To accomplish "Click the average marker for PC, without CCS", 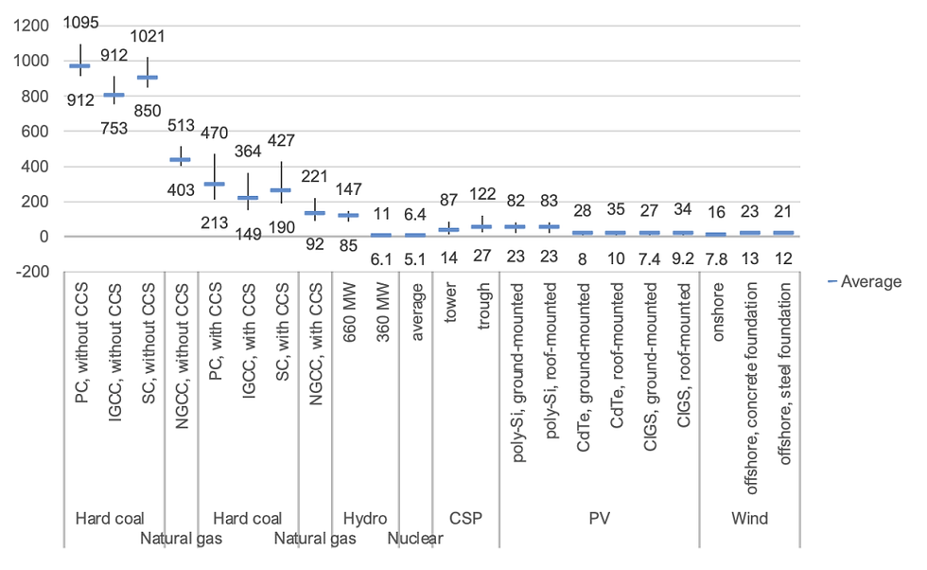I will [80, 66].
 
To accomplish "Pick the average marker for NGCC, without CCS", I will [180, 159].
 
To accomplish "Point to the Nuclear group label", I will [415, 540].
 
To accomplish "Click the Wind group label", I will [750, 519].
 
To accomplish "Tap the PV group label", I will [600, 519].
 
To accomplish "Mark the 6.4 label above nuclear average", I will [416, 214].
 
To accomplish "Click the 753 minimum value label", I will [114, 129].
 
